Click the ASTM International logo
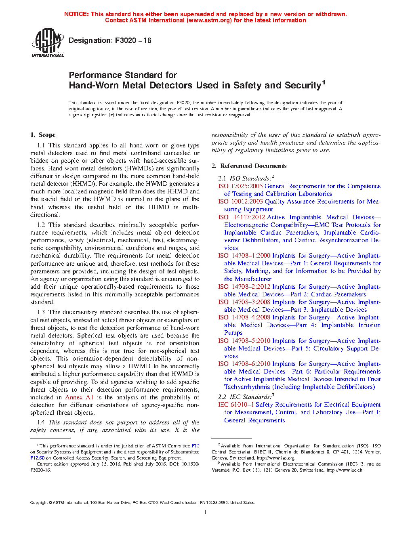(x=47, y=42)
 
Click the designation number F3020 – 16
(x=133, y=40)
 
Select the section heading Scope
(x=47, y=135)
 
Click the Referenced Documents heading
(x=253, y=166)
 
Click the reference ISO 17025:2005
(x=240, y=186)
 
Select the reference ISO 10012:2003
(x=240, y=201)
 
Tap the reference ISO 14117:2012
(x=242, y=217)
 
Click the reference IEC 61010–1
(x=236, y=405)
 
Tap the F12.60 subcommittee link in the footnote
(x=37, y=458)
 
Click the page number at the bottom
(x=206, y=512)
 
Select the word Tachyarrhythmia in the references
(x=247, y=387)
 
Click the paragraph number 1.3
(x=41, y=312)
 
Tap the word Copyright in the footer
(x=39, y=503)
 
